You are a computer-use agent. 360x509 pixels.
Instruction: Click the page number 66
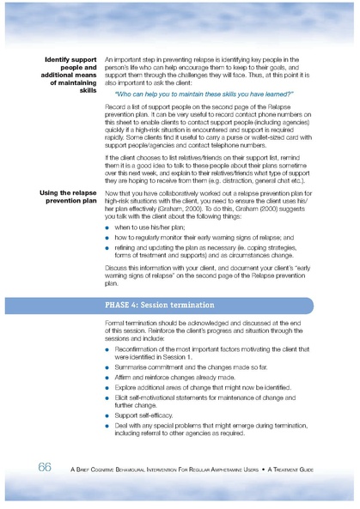(x=45, y=466)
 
